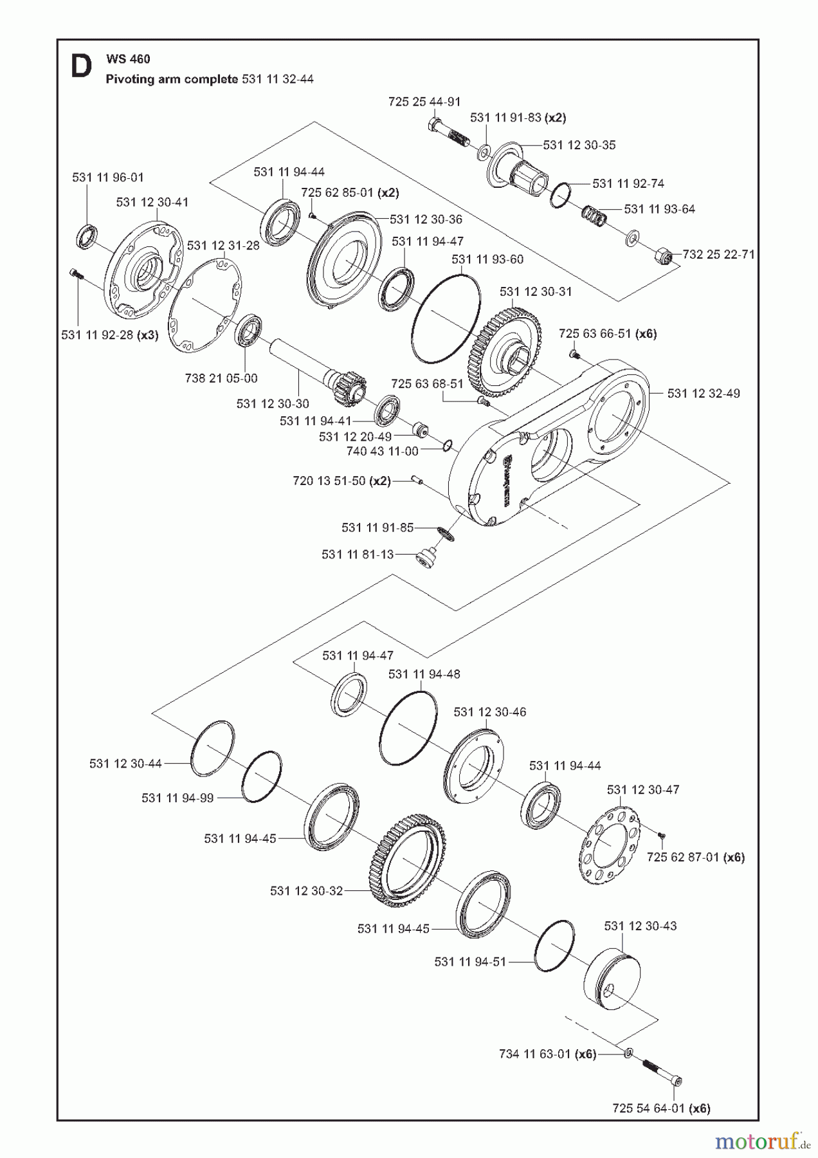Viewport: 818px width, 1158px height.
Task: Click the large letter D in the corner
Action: tap(81, 67)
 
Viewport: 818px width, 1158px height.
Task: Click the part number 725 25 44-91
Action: tap(424, 102)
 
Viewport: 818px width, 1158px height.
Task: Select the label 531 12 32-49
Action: tap(704, 393)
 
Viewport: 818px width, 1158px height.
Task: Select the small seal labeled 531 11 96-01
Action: tap(86, 235)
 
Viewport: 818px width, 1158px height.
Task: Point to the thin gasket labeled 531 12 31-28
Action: tap(204, 306)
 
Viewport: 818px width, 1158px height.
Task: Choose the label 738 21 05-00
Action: tap(221, 378)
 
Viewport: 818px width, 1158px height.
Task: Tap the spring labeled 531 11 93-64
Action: tap(595, 216)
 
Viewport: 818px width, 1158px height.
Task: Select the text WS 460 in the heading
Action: tap(129, 59)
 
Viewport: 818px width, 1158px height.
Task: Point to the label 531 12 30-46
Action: tap(489, 712)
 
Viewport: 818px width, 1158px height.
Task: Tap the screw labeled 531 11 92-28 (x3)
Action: tap(75, 275)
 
